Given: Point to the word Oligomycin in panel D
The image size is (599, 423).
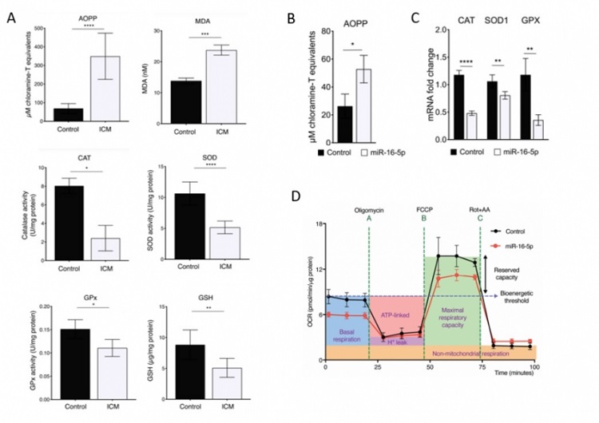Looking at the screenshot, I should point(370,210).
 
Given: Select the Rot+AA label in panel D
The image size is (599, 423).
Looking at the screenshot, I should point(482,210).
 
